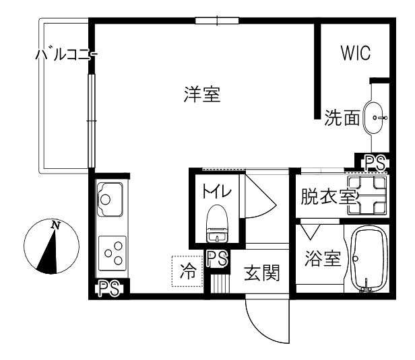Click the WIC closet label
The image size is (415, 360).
356,55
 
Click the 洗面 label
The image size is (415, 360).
342,118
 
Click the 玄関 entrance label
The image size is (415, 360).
261,273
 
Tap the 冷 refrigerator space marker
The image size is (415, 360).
187,272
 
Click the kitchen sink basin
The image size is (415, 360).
108,199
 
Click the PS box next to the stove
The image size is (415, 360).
108,289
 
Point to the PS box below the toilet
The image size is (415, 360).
216,258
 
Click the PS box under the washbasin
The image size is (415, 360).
374,162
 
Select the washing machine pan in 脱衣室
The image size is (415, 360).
367,195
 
